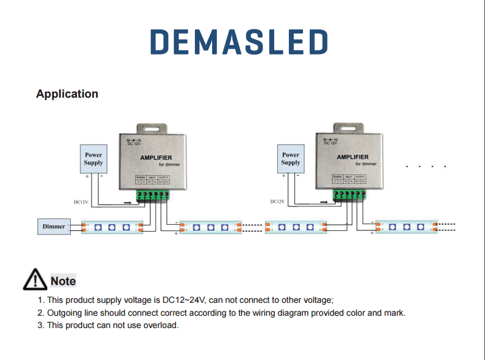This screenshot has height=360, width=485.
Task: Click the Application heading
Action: click(x=67, y=94)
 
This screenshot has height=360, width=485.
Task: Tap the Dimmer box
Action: click(x=54, y=227)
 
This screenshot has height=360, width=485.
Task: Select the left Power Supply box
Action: click(x=93, y=159)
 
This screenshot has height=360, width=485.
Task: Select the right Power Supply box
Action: click(x=291, y=159)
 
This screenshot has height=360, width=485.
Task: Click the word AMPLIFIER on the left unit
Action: click(x=156, y=158)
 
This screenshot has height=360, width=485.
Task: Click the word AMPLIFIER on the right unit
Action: click(x=353, y=157)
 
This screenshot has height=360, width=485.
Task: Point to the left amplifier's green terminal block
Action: click(x=152, y=195)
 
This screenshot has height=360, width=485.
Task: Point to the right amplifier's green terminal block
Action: click(x=349, y=195)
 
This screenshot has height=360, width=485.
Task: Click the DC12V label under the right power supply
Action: click(x=277, y=202)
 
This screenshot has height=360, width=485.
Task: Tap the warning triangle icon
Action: click(x=35, y=280)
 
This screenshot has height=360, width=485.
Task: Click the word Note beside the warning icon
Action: click(x=63, y=281)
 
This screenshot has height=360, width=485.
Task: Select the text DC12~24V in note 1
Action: click(x=185, y=300)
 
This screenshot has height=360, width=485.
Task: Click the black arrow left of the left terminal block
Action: click(x=127, y=202)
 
